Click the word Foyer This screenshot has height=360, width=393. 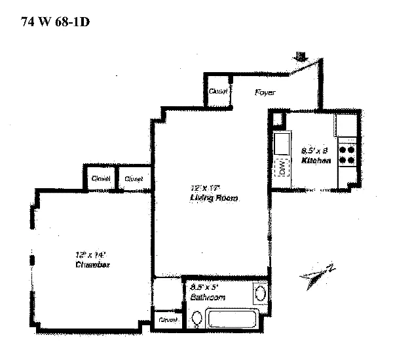(x=265, y=93)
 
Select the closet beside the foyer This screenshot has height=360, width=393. (x=218, y=92)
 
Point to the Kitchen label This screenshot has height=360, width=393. (x=314, y=161)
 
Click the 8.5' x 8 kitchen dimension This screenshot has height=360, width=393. (x=315, y=150)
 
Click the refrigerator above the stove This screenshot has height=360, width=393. (x=346, y=127)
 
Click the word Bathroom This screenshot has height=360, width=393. (x=208, y=298)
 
